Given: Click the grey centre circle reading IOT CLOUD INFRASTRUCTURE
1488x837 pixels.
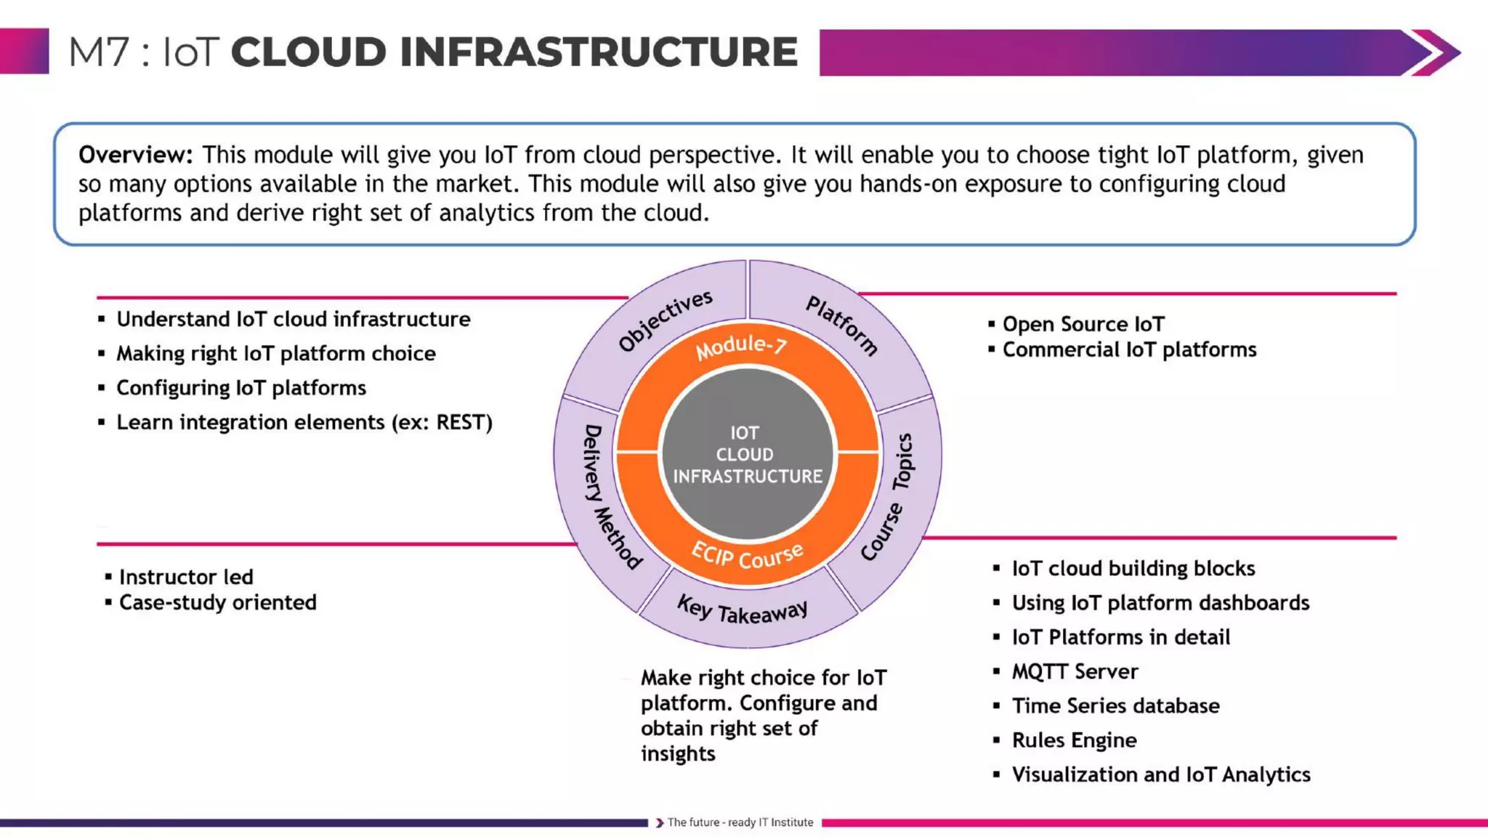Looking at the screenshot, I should (747, 455).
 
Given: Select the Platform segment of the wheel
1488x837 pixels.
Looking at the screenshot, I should (842, 325).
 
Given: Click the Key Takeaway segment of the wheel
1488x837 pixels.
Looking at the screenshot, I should (743, 610).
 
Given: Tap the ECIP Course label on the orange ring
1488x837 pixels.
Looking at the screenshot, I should (747, 557).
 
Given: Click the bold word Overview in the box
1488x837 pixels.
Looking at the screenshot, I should (135, 155).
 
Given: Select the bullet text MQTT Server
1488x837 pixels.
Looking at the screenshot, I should (1075, 671).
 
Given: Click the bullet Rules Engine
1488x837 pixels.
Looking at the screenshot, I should (1074, 740).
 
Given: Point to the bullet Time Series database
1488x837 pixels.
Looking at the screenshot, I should (1115, 705).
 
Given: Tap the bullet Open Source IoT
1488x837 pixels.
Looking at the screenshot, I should (1083, 324).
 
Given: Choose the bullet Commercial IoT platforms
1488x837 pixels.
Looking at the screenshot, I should (1129, 349).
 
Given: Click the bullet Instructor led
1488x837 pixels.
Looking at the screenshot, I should (186, 577).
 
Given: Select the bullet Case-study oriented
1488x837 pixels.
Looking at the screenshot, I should (217, 602).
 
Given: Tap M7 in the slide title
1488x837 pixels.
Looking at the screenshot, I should (99, 52).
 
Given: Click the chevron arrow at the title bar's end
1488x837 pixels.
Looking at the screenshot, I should (1433, 52).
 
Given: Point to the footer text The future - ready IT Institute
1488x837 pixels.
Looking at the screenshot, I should (740, 822).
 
